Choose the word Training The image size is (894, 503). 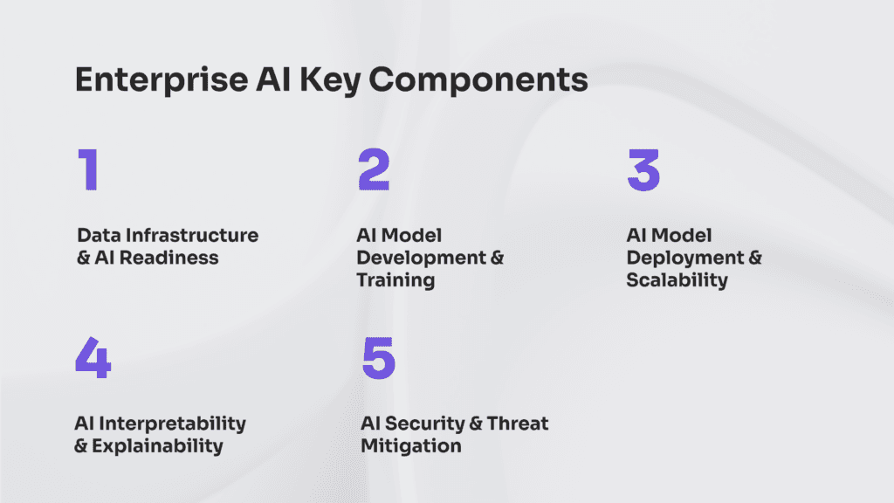pyautogui.click(x=395, y=280)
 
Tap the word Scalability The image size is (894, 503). pyautogui.click(x=677, y=280)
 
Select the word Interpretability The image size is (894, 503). pyautogui.click(x=173, y=424)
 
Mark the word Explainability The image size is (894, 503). pyautogui.click(x=161, y=446)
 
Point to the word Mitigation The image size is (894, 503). pyautogui.click(x=410, y=446)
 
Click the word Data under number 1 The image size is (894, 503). pyautogui.click(x=97, y=236)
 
